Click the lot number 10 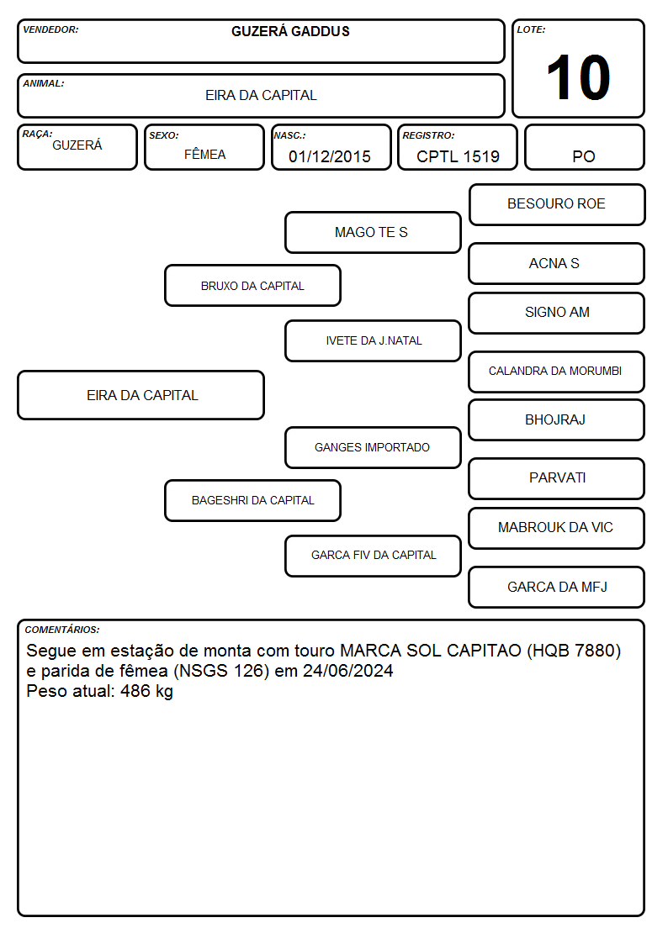[x=578, y=77]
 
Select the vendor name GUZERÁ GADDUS [x=290, y=31]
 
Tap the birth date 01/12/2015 [x=330, y=156]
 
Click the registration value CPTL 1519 [x=458, y=156]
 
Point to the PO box [x=584, y=147]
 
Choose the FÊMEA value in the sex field [x=204, y=155]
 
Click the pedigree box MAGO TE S [x=373, y=232]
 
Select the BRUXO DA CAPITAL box [x=252, y=285]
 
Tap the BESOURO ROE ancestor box [x=557, y=205]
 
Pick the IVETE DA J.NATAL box [x=373, y=340]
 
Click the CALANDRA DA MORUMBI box [x=557, y=372]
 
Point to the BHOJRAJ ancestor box [x=557, y=419]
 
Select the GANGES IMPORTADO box [x=373, y=447]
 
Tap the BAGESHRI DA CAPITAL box [x=252, y=500]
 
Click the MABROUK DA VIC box [x=557, y=528]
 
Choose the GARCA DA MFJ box [x=557, y=587]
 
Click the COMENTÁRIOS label [x=62, y=630]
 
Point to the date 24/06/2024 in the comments [x=347, y=671]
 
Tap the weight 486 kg [x=146, y=691]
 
